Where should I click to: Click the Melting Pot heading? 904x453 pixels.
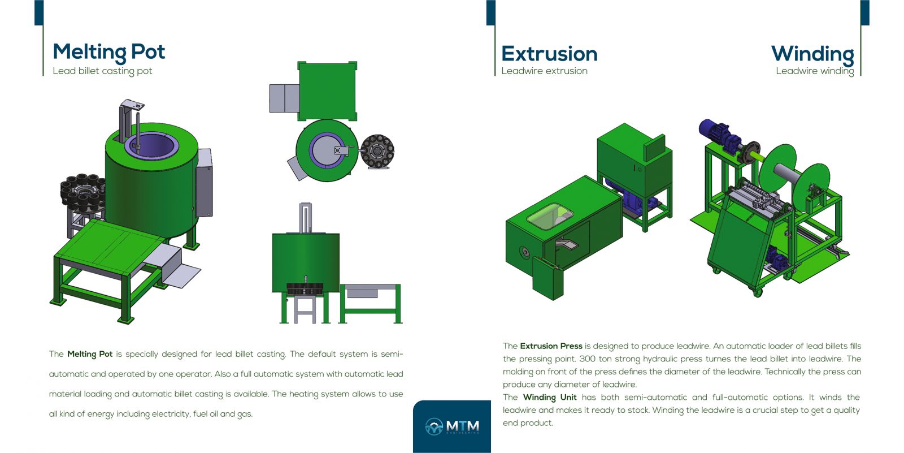pyautogui.click(x=109, y=52)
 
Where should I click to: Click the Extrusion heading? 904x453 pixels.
pyautogui.click(x=549, y=54)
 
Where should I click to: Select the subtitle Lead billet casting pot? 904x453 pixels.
pyautogui.click(x=102, y=71)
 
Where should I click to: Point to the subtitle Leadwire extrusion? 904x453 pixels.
pyautogui.click(x=544, y=71)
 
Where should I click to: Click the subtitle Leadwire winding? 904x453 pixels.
pyautogui.click(x=815, y=71)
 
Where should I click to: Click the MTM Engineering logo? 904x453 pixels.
pyautogui.click(x=452, y=426)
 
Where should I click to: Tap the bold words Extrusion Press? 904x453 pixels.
pyautogui.click(x=551, y=346)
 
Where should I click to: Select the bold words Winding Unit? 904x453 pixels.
pyautogui.click(x=550, y=397)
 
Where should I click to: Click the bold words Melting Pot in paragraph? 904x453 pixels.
pyautogui.click(x=90, y=355)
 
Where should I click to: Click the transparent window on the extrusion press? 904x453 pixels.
pyautogui.click(x=550, y=216)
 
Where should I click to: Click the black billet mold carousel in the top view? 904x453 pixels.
pyautogui.click(x=377, y=151)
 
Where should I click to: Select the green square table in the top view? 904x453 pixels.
pyautogui.click(x=327, y=91)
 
